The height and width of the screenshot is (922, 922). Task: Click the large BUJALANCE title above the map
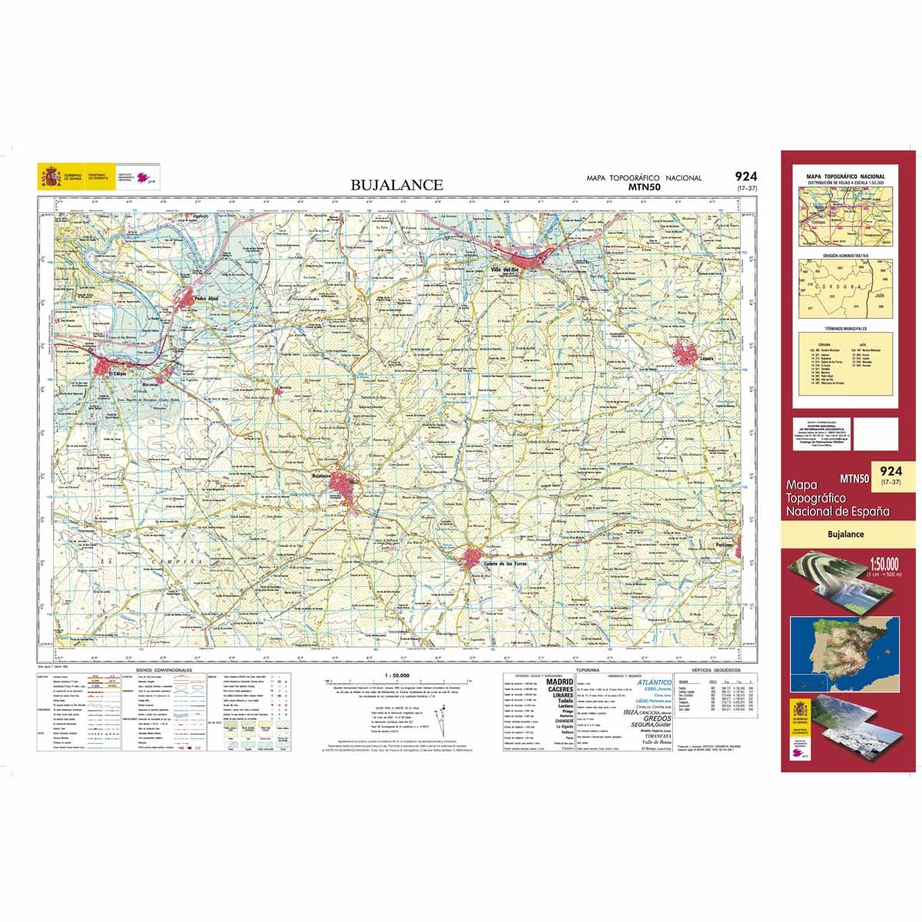[x=396, y=184]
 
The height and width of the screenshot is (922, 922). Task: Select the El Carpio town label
[x=115, y=374]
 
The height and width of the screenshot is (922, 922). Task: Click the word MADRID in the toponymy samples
[x=559, y=682]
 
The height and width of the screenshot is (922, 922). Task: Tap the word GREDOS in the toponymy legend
[x=647, y=719]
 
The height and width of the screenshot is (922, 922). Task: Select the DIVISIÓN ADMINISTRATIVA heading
[x=845, y=254]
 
